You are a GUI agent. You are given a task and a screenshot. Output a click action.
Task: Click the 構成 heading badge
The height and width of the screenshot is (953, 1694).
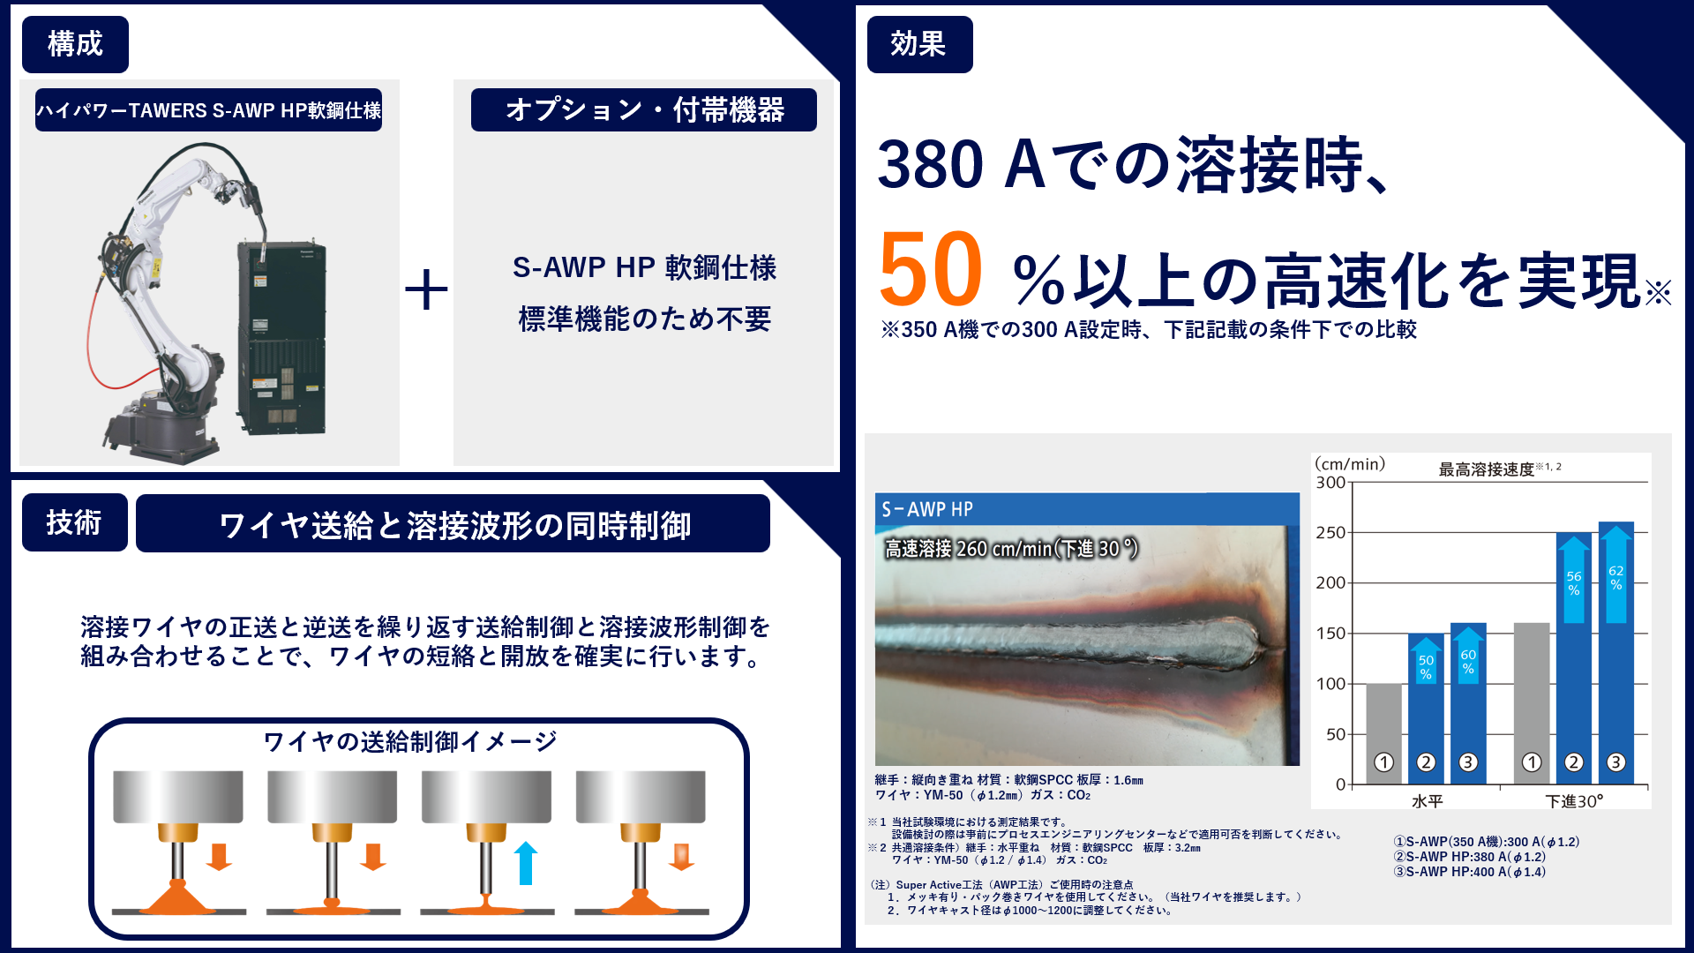coord(75,44)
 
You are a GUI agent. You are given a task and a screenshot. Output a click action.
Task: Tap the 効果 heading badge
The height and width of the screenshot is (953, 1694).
coord(919,44)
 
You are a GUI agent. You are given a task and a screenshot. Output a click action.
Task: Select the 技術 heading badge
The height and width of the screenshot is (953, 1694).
coord(75,522)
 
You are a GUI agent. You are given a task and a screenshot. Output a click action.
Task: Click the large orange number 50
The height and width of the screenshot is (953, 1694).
coord(931,269)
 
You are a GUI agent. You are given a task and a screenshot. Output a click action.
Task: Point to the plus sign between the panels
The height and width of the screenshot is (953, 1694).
coord(426,289)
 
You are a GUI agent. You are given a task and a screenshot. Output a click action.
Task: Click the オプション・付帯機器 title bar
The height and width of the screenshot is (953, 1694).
coord(643,110)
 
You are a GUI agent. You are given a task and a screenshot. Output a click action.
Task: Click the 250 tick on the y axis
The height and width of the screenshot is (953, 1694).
coord(1330,533)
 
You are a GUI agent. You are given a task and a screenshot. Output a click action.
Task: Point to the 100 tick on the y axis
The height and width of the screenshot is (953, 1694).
coord(1330,684)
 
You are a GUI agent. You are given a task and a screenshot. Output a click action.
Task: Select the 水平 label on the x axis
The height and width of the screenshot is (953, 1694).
coord(1427,801)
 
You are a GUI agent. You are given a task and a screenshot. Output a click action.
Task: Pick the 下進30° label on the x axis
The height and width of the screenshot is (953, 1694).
coord(1574,801)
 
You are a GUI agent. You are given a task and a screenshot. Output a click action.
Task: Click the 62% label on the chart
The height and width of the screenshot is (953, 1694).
coord(1615,578)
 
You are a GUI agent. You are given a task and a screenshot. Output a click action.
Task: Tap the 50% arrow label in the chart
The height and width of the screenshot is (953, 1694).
coord(1426,667)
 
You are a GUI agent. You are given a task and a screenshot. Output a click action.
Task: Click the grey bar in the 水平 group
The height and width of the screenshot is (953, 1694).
coord(1383,732)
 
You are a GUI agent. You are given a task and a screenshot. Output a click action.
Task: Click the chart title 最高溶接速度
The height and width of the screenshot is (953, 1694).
coord(1487,469)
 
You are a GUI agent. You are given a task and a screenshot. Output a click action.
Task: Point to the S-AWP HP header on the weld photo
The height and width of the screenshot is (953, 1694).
coord(927,509)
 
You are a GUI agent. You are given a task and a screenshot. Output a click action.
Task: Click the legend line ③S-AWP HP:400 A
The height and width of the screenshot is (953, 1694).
coord(1469,872)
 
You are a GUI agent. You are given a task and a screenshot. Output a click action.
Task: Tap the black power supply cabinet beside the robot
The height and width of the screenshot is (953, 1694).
coord(281,335)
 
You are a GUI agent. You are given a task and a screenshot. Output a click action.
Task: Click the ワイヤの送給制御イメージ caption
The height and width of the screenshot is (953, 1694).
coord(410,741)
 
